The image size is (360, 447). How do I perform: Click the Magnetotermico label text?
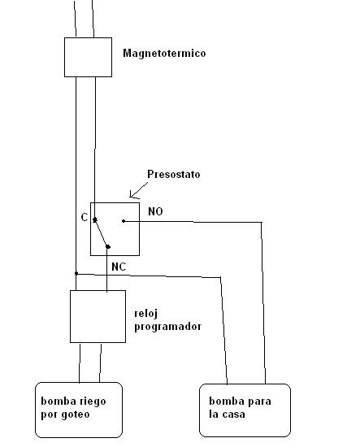(164, 54)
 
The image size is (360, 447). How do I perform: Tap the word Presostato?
(174, 174)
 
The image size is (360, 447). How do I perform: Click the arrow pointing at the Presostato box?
(139, 190)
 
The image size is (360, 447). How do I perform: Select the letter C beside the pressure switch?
(85, 218)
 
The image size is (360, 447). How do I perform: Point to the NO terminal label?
(156, 211)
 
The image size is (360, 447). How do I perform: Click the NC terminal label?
(119, 267)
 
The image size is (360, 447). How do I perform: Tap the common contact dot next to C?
(95, 219)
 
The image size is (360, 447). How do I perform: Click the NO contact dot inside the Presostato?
(124, 221)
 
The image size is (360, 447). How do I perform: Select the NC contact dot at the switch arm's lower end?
(108, 246)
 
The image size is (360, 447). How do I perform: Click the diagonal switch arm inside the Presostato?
(102, 233)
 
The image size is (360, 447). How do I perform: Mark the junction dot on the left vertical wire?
(76, 273)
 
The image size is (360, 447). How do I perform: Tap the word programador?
(168, 327)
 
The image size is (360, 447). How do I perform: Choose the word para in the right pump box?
(258, 402)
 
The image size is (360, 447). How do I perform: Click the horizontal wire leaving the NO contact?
(193, 222)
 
